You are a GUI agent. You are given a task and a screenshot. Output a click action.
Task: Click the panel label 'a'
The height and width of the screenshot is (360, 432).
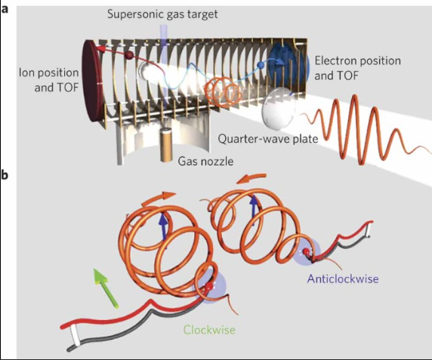click(5, 10)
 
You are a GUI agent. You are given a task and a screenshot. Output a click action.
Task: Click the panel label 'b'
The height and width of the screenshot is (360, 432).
click(5, 175)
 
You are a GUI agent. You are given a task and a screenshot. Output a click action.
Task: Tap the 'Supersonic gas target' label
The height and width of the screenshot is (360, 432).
click(162, 14)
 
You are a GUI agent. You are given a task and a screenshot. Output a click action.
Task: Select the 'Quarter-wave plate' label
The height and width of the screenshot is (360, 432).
click(268, 139)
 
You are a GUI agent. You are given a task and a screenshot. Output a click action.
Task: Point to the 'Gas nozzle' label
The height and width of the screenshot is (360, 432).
click(205, 161)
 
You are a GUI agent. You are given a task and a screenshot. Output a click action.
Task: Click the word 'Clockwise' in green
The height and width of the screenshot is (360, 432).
click(209, 330)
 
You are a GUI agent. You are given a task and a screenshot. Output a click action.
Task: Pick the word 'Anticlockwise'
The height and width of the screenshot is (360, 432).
click(343, 278)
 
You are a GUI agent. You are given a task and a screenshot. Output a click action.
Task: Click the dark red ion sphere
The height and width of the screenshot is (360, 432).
click(128, 55)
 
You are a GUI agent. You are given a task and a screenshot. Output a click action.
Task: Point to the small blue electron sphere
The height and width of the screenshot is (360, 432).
click(260, 65)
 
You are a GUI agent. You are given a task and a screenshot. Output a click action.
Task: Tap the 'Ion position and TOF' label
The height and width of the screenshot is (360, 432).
click(49, 80)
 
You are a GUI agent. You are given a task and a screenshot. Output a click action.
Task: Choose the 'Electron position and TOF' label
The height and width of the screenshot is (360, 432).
click(357, 68)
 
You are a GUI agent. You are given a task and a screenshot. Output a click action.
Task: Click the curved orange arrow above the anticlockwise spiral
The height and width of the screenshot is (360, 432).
click(251, 178)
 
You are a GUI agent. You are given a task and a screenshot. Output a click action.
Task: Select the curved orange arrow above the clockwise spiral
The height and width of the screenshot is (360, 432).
click(159, 198)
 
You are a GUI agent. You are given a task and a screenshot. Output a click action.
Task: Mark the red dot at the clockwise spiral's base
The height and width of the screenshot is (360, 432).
click(209, 286)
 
